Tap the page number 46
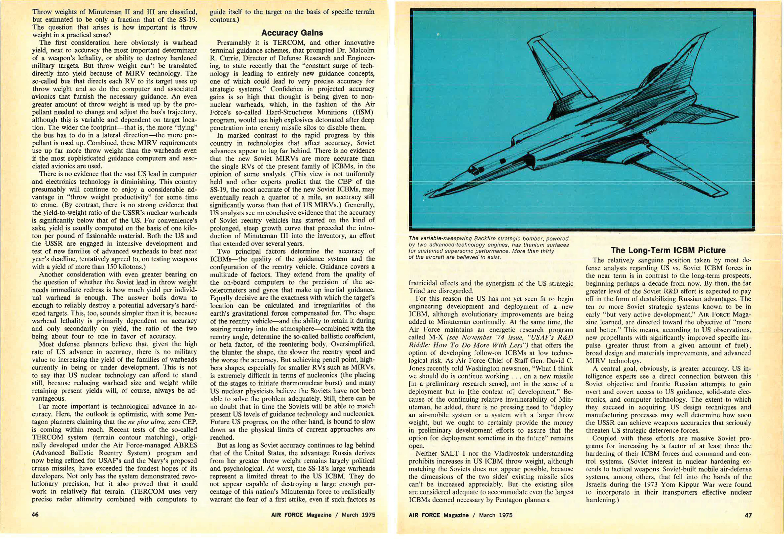tap(35, 515)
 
